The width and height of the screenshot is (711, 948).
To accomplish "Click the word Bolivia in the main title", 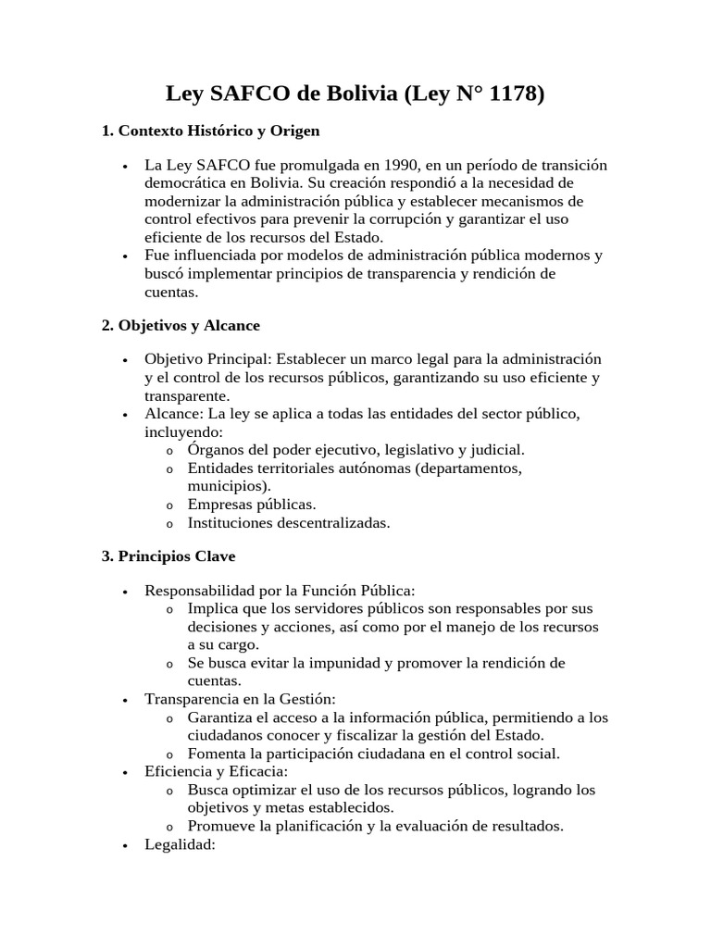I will pos(355,94).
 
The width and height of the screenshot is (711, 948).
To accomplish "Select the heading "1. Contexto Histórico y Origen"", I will pos(210,131).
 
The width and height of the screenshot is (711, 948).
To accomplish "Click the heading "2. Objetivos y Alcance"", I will pos(181,325).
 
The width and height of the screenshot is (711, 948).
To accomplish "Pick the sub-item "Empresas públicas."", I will pos(252,505).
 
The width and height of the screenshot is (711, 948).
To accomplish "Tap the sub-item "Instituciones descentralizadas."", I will pos(289,523).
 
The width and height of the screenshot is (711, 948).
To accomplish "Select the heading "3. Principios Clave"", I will pos(168,556).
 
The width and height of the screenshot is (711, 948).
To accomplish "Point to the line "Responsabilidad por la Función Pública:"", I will pos(280,591).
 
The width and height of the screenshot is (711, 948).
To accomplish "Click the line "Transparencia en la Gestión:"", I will pos(240,699).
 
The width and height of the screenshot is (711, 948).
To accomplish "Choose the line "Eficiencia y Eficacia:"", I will pos(217,771).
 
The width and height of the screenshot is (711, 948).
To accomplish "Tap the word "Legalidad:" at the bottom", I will pos(180,844).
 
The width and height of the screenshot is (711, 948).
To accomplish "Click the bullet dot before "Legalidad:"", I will pos(125,845).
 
